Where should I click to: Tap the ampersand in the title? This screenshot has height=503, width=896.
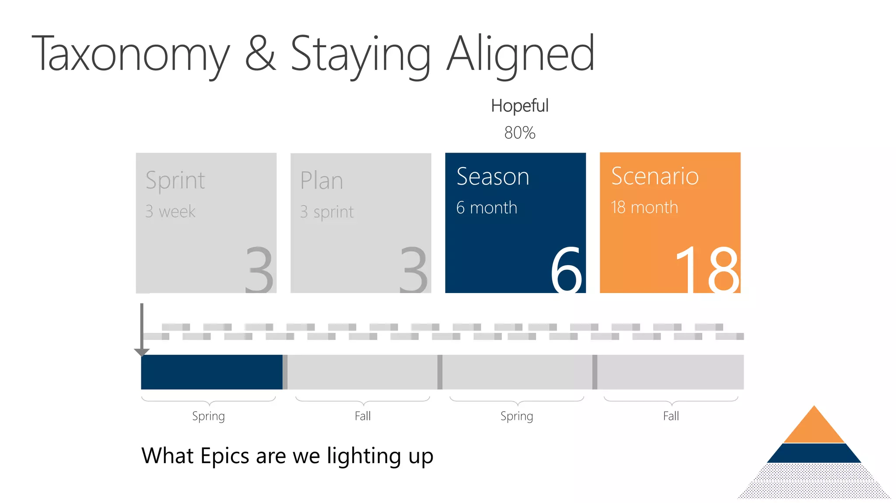point(260,53)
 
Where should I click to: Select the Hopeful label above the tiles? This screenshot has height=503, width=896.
point(519,106)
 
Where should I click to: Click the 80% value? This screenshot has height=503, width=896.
point(519,133)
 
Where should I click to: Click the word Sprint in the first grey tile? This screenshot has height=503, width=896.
point(175,181)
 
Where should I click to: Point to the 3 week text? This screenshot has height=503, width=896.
point(170,212)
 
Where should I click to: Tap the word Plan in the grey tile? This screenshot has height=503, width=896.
point(322,181)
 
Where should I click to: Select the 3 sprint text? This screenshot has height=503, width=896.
point(326,212)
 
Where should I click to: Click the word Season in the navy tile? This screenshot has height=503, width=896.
point(493,177)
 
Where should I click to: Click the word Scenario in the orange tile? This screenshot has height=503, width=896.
point(654,176)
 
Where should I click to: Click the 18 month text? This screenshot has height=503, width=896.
point(644,207)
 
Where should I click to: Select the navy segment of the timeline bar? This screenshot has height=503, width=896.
point(212,372)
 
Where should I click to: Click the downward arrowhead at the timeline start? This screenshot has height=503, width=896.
point(142,352)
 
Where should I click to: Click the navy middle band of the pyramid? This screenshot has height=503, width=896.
point(814,453)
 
